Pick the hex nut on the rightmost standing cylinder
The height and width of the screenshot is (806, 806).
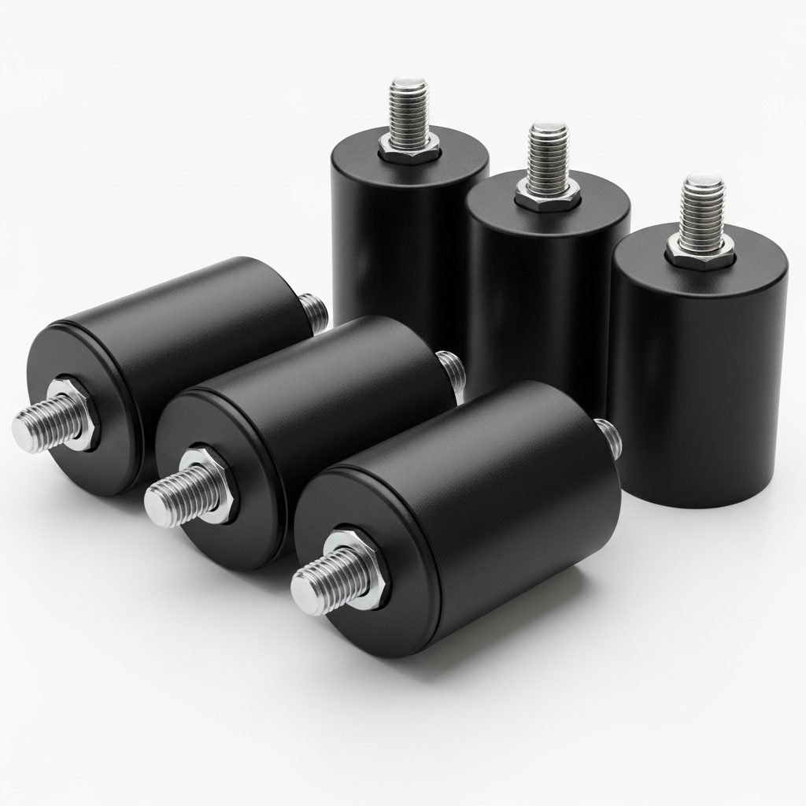tap(701, 251)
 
